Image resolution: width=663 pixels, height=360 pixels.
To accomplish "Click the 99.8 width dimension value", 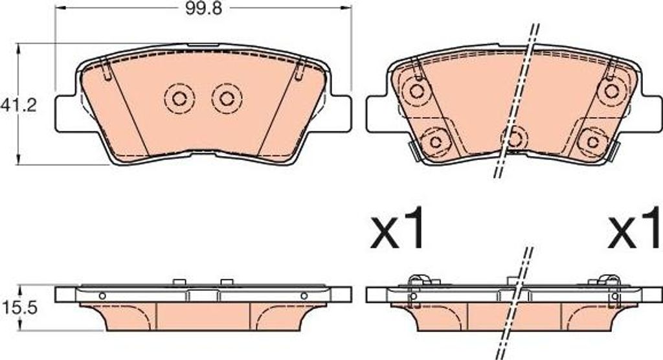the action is [x=203, y=8].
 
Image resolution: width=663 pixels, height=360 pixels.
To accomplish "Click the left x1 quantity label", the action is [x=397, y=228].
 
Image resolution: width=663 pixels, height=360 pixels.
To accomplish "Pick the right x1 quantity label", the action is [x=635, y=228].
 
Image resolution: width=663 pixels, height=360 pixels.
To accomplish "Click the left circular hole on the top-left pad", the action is [x=179, y=99].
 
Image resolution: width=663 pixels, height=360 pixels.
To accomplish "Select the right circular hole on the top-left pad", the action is [x=227, y=99].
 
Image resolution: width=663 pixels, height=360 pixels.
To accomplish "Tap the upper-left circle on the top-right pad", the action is [x=417, y=91].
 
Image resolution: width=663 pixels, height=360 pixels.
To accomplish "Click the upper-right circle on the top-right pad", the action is [x=612, y=91].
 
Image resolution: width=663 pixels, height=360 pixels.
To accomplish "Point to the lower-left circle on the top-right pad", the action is [x=435, y=141].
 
